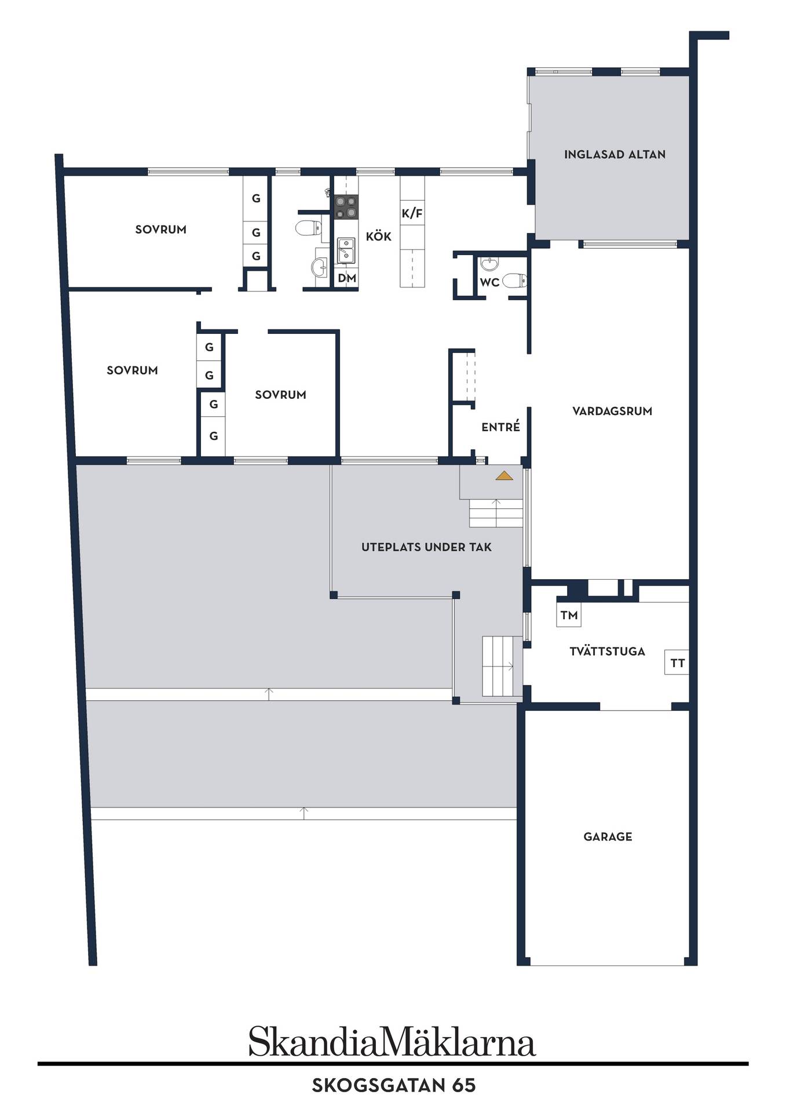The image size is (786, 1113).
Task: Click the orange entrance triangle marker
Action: pos(504,476)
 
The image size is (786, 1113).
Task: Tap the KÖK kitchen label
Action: pos(379,237)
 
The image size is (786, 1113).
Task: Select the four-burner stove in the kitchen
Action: pos(346,207)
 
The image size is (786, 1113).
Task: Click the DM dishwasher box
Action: pos(347,278)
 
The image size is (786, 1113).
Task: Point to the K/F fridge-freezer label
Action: pos(412,213)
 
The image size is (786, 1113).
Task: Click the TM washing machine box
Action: pos(569,615)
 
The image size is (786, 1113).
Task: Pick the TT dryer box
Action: pos(677,663)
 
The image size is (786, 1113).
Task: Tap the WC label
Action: pos(489,283)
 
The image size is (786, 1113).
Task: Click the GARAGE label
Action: pos(608,836)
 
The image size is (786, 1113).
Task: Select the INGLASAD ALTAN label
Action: pos(615,154)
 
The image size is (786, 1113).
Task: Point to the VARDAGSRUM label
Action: pos(612,411)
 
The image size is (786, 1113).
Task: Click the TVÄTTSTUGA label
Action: pos(607,651)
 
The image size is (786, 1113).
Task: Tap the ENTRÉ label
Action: pos(500,427)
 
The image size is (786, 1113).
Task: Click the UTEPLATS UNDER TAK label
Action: pos(426,547)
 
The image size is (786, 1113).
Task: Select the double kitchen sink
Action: pos(346,250)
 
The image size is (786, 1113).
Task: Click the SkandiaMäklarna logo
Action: pos(392,1042)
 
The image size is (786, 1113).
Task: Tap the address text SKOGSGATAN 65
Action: pos(394,1085)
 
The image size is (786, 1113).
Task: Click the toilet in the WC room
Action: pos(514,281)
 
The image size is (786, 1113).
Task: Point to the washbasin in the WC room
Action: pos(489,264)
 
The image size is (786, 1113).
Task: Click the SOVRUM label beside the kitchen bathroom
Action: pos(160,230)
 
